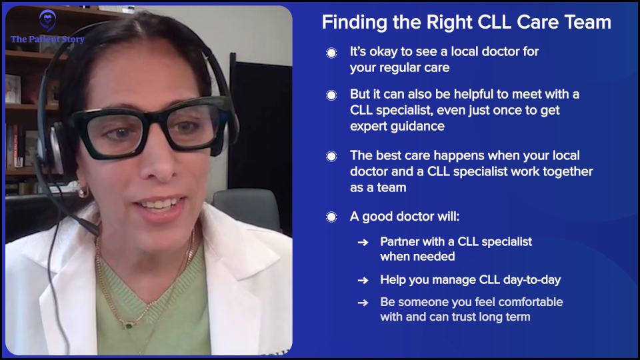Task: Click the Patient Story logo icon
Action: coord(47,20)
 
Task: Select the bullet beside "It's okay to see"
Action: coord(331,53)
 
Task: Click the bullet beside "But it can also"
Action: coord(331,95)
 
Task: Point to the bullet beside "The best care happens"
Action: coord(331,157)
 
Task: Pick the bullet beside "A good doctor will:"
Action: coord(331,217)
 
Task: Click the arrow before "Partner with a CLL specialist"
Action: coord(363,242)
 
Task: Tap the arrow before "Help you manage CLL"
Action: coord(363,280)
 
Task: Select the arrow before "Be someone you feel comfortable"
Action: coord(363,303)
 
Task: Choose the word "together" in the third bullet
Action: coord(569,171)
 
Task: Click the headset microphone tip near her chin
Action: coord(93,223)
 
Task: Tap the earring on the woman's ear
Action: coord(83,192)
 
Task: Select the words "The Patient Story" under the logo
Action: coord(47,39)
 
